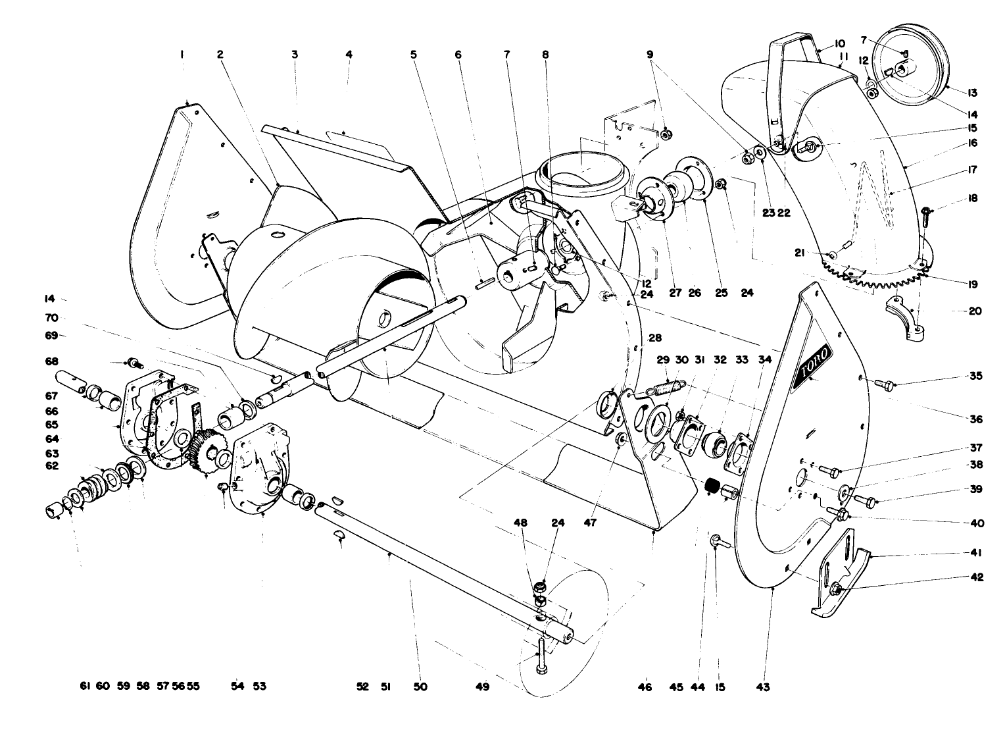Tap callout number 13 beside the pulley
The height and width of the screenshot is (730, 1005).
(972, 93)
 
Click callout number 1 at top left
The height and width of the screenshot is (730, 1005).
(181, 56)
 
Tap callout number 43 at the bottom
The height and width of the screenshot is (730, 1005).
(762, 687)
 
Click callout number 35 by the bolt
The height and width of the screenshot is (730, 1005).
(976, 376)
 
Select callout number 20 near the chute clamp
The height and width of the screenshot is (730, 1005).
(975, 311)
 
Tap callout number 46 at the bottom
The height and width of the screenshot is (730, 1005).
(645, 687)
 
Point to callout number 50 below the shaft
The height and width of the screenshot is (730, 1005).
(420, 687)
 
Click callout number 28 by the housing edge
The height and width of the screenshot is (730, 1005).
(654, 338)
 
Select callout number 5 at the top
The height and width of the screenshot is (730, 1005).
(414, 56)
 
